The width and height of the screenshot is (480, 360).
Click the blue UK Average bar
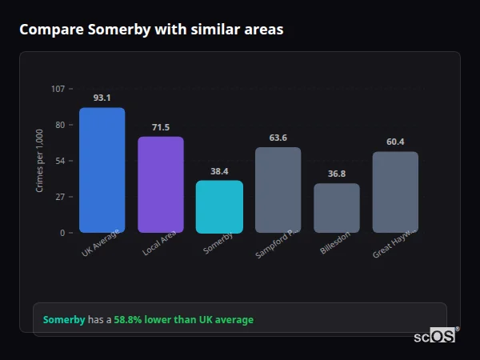point(102,170)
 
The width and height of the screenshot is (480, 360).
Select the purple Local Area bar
point(161,185)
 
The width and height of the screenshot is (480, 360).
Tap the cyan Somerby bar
point(219,206)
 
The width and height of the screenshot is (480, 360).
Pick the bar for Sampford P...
point(278,190)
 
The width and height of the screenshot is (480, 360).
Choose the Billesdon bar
point(337,208)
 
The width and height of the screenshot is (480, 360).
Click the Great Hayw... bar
point(395,192)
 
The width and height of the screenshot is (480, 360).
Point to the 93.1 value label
point(102,98)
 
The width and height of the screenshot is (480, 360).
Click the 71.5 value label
point(161,127)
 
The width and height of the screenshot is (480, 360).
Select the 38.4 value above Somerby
point(219,171)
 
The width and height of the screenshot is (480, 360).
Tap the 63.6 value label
point(278,138)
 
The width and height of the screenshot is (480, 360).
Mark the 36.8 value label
point(337,174)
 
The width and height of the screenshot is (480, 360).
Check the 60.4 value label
point(395,142)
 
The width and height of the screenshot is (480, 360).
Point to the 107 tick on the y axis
point(58,89)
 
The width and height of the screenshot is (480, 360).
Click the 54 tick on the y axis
point(60,161)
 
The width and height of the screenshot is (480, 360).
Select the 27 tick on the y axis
point(60,197)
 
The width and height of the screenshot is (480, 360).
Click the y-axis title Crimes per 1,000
point(40,161)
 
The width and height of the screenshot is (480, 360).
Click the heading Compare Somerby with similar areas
point(151,30)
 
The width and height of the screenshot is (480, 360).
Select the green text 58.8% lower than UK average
point(183,320)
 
